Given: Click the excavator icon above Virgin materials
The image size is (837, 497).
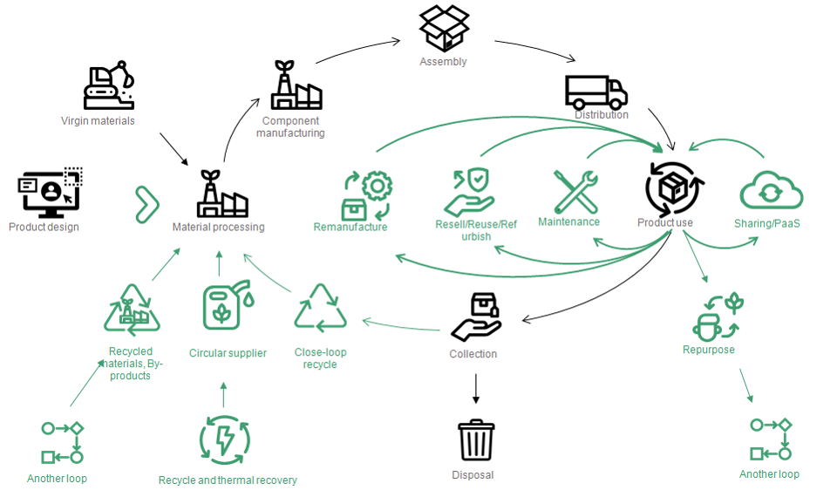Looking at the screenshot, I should [x=109, y=85].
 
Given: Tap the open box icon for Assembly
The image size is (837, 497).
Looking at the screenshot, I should [x=445, y=28].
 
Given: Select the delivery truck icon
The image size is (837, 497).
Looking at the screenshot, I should [x=595, y=92].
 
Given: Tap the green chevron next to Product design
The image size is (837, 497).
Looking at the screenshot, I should [x=146, y=203].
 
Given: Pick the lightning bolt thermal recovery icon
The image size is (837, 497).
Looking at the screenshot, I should [x=225, y=439].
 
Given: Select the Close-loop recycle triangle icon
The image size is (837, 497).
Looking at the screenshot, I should [x=321, y=310].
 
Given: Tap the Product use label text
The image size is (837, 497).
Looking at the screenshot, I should [x=665, y=222].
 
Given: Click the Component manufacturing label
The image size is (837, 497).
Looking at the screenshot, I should [x=291, y=127].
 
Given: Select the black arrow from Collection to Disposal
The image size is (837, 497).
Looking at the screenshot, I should [x=476, y=389].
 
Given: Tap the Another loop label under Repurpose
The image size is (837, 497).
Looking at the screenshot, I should [x=769, y=474].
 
